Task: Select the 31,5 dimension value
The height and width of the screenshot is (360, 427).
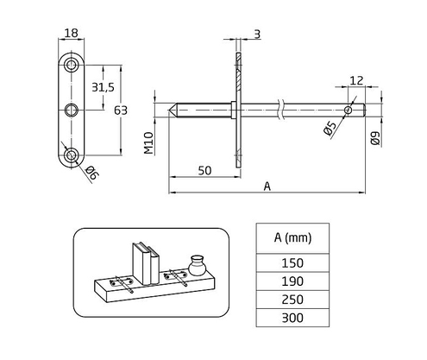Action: tap(103, 86)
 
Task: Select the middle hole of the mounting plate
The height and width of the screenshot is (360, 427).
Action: tap(72, 110)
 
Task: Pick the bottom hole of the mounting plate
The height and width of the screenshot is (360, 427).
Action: tap(72, 155)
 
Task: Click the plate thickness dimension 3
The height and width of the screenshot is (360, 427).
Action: tap(258, 35)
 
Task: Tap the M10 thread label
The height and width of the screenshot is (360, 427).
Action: tap(148, 142)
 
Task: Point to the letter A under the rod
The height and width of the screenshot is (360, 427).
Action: tap(267, 186)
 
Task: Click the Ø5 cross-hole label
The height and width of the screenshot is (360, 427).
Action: tap(330, 129)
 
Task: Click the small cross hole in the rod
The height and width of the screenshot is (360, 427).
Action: tap(348, 110)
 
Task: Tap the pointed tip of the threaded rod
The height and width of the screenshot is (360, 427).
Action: tap(172, 110)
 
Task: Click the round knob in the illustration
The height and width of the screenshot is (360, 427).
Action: tap(196, 262)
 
